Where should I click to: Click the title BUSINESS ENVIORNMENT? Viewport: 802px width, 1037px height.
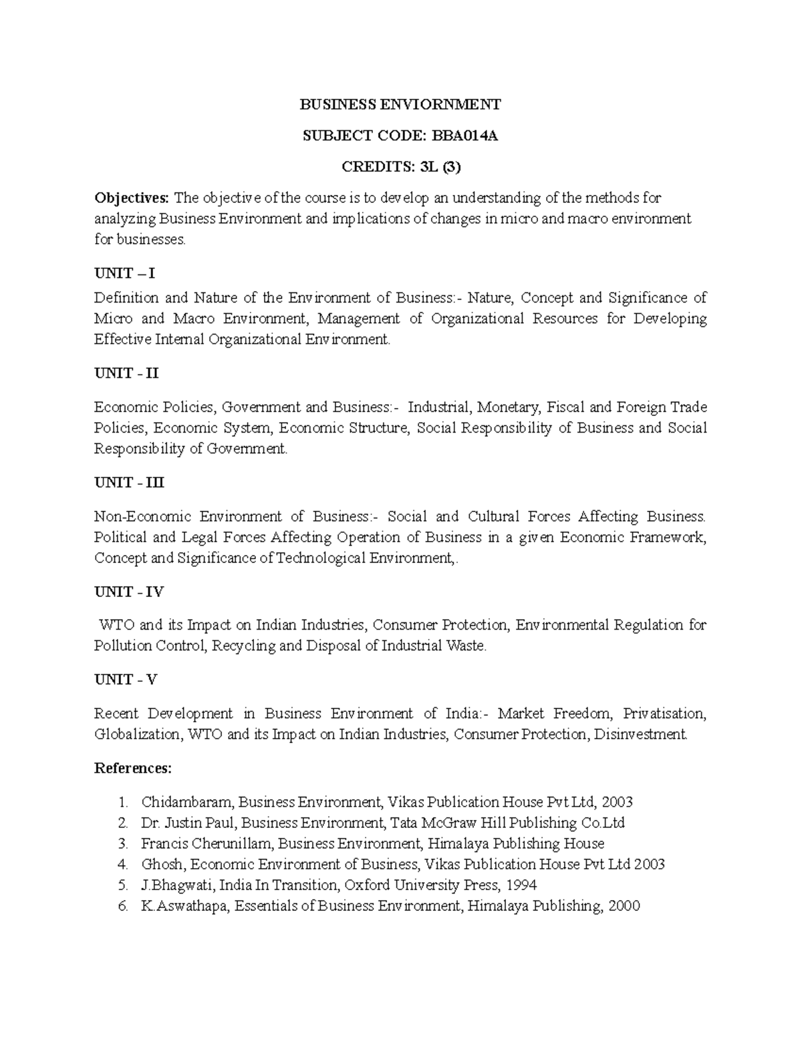point(400,104)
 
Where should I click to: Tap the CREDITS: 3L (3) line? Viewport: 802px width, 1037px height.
point(400,168)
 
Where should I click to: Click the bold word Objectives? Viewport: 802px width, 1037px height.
point(132,198)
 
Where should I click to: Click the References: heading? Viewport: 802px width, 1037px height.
point(133,769)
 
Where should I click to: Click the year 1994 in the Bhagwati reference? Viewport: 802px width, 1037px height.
point(521,885)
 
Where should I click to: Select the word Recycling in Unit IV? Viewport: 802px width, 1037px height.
point(243,646)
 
